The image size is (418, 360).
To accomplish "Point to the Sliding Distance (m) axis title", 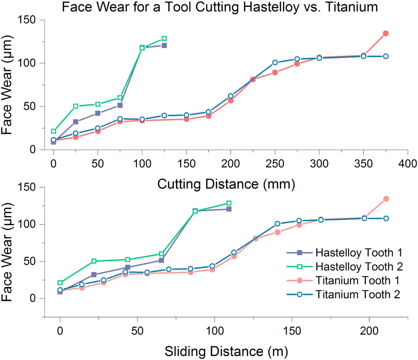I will point(226,350).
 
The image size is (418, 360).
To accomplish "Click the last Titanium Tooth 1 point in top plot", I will point(386,33).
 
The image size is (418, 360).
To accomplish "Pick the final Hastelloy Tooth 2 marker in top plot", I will point(164,39).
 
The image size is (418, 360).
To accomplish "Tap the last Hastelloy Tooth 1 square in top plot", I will point(164,45).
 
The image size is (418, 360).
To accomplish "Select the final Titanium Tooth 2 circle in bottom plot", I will point(386,218).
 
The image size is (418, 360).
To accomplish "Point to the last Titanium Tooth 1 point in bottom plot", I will point(386,199).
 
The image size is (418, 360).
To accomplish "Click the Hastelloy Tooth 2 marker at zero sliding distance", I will point(60,283).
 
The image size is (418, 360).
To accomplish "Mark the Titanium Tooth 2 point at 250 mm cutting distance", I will point(275,62).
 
